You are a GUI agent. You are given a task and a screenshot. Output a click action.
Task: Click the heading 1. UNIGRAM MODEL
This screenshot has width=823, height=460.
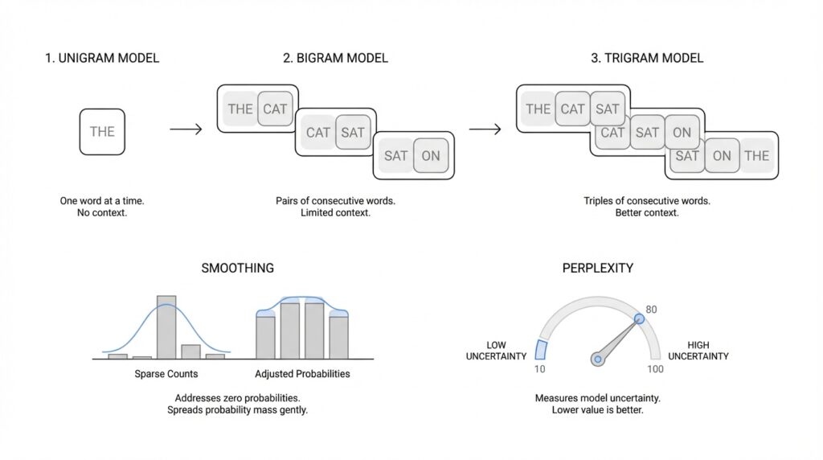coord(102,58)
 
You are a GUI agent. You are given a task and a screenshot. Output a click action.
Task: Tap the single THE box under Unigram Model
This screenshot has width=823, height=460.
coord(102,132)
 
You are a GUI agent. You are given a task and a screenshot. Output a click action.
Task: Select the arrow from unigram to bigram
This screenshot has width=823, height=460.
coord(186,129)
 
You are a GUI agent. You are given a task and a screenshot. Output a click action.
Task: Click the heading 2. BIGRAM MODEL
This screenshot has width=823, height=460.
coord(335,58)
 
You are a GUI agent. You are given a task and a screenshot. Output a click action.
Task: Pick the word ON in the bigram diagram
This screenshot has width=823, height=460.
coord(431,156)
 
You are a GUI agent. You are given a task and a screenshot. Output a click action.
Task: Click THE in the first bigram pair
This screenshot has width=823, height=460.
coord(240,109)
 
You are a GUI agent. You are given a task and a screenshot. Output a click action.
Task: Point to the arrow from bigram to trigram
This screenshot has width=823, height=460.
coord(485,129)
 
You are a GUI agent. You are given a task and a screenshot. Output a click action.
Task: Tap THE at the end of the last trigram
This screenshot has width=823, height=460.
coord(756,156)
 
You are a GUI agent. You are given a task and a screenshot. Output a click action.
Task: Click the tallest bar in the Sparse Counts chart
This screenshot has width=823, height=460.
coord(166,327)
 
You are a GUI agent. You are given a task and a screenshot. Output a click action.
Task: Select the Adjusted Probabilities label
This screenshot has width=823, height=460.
coord(302,374)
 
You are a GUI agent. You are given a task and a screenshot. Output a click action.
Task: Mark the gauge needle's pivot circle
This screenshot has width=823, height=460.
coord(598,359)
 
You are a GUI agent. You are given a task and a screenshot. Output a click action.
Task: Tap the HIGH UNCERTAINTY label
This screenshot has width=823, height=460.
coord(698,351)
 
